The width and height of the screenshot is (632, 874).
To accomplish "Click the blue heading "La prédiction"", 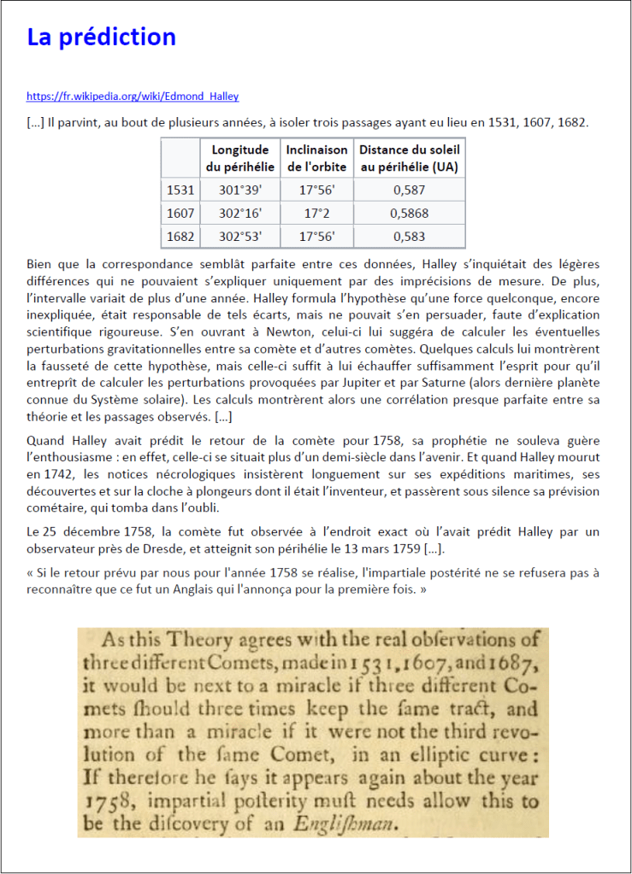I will [x=101, y=38].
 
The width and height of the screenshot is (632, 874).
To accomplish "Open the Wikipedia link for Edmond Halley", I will [x=133, y=97].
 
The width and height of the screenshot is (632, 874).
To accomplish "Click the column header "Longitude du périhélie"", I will [x=240, y=157].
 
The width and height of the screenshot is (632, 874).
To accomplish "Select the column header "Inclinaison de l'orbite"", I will [x=316, y=157].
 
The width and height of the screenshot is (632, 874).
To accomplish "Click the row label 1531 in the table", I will [x=180, y=191].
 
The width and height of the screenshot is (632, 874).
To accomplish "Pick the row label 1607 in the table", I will [x=180, y=214].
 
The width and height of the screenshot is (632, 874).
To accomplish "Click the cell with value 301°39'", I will [x=240, y=191].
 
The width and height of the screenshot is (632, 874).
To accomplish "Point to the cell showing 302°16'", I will [x=240, y=214].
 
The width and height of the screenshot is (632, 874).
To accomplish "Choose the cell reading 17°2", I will [x=316, y=214].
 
